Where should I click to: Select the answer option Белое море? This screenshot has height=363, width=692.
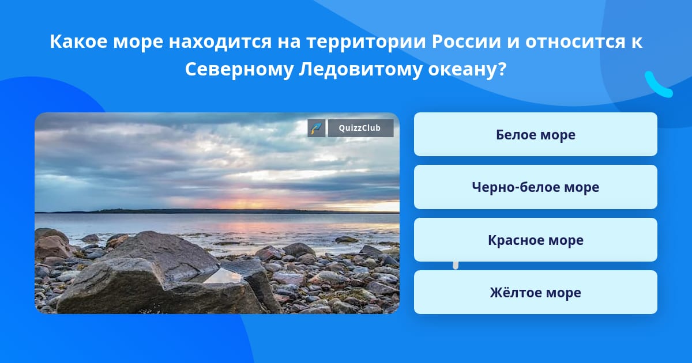(x=535, y=134)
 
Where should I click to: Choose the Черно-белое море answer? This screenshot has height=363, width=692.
(x=535, y=187)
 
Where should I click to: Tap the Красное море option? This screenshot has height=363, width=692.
(x=535, y=240)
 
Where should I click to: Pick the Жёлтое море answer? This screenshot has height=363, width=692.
(x=535, y=292)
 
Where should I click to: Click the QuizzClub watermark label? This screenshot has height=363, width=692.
(x=360, y=128)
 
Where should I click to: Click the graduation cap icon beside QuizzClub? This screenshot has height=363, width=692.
(x=317, y=128)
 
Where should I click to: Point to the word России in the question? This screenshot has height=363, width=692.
(x=466, y=41)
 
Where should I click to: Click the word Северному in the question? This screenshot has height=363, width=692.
(x=239, y=69)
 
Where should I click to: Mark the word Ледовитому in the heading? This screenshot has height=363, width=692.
(x=360, y=70)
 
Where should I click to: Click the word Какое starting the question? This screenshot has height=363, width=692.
(x=78, y=41)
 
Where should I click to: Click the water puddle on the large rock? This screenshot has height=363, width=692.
(x=223, y=275)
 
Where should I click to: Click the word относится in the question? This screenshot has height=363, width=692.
(x=576, y=41)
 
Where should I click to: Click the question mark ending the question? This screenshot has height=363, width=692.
(x=502, y=69)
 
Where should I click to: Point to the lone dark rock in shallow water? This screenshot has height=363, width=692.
(x=347, y=239)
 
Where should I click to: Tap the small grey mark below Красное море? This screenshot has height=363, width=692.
(x=456, y=266)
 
